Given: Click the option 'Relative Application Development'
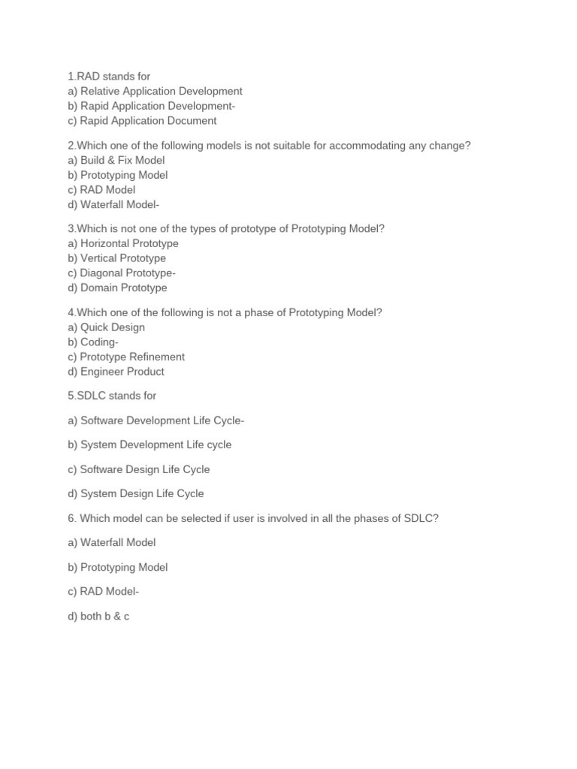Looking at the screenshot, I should point(155,91).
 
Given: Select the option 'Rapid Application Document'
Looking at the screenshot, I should point(142,120).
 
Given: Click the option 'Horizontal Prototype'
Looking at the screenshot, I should point(123,243).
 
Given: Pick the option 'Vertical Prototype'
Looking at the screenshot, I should point(116,258).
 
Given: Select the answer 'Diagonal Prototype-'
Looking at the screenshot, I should point(122,273).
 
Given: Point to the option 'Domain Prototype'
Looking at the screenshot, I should point(117,288).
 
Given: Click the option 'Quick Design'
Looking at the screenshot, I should point(106,327).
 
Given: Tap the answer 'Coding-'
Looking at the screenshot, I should point(93,342).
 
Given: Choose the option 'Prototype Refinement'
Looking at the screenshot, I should point(125,357).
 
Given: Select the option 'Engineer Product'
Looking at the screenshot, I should point(116,371).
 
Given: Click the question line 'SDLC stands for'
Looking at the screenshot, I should point(112,396).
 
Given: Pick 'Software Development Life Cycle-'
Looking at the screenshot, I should point(156,421).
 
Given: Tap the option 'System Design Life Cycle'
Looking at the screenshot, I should point(135,493).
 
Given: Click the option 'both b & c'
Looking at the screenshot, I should point(98,616).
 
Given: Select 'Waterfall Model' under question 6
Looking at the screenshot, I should point(111,542).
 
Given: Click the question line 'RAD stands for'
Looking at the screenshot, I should point(109,76).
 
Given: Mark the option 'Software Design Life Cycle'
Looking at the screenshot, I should point(138,469).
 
